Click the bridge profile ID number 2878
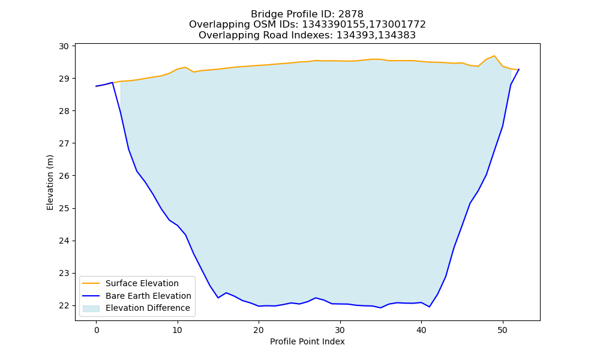(350, 14)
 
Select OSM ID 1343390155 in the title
(334, 25)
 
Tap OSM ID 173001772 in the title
(397, 25)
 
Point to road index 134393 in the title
(355, 35)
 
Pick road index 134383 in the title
(396, 35)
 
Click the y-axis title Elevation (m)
(50, 182)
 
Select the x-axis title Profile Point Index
(307, 341)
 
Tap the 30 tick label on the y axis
(64, 46)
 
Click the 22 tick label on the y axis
(64, 305)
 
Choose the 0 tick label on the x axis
(96, 330)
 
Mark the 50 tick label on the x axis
(502, 330)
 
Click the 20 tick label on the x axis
(259, 330)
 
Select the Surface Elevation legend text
(142, 283)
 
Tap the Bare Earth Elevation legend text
(148, 296)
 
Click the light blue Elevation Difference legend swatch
(91, 308)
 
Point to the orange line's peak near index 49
(494, 56)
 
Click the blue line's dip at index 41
(430, 307)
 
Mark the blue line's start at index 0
(96, 86)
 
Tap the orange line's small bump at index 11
(185, 67)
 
